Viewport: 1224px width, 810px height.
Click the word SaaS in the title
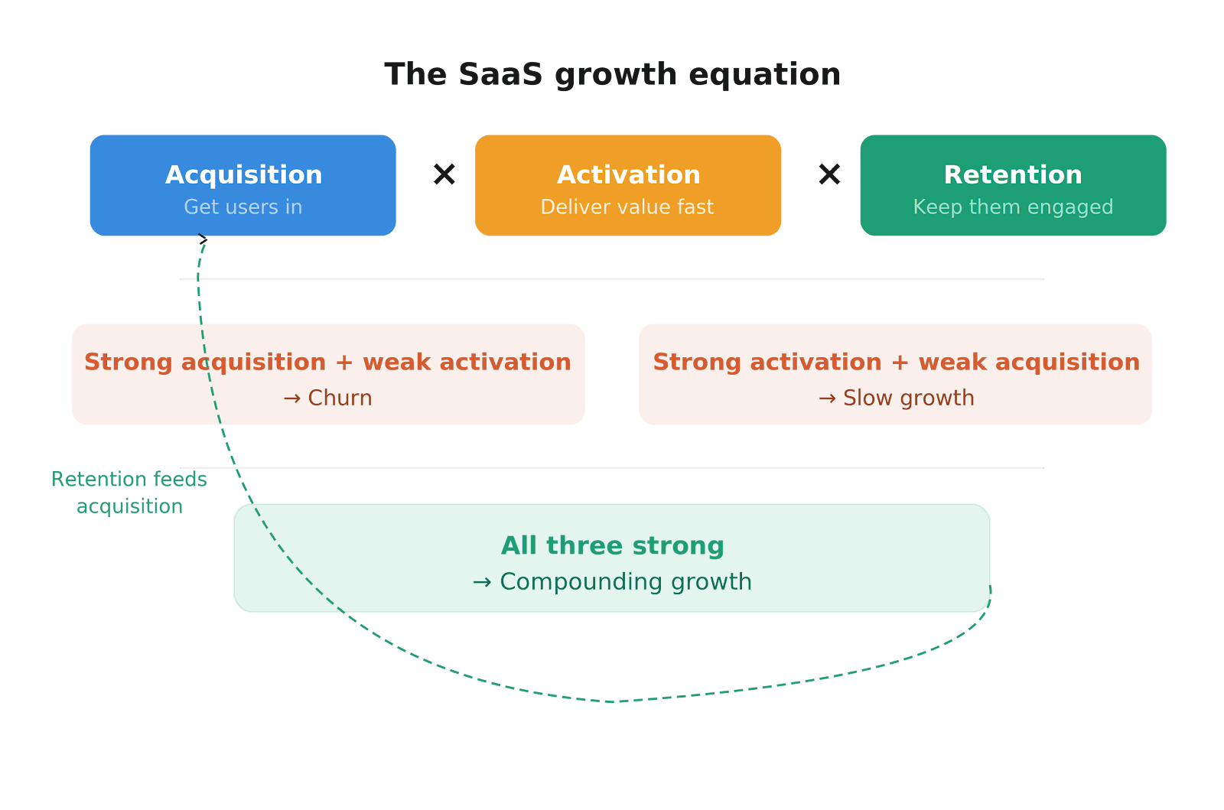(500, 75)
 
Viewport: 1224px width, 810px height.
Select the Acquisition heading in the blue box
(243, 174)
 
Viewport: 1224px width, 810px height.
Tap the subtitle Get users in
(243, 207)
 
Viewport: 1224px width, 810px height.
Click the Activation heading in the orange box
(628, 174)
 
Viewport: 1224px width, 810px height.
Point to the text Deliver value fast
(627, 207)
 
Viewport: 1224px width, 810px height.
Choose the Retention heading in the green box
(1013, 174)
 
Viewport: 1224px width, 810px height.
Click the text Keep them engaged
(1013, 207)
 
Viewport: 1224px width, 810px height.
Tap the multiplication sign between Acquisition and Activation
(444, 174)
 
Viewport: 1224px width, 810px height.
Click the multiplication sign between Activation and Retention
(829, 174)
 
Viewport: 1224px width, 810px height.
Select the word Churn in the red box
(340, 398)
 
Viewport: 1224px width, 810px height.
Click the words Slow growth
(908, 398)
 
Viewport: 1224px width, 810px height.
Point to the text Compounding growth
(626, 581)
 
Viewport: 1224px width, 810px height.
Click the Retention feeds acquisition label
(129, 493)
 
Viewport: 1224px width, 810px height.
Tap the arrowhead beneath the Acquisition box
(203, 239)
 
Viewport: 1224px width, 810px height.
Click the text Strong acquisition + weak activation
(328, 361)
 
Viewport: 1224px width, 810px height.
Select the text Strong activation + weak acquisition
(896, 361)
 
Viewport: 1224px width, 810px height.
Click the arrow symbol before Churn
(291, 398)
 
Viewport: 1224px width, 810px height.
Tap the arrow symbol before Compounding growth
(482, 583)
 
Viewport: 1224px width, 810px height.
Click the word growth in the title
(616, 75)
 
